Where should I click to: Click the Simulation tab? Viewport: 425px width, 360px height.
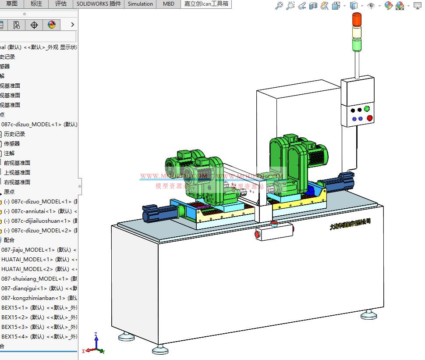[x=140, y=4]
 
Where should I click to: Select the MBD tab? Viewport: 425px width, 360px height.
[x=168, y=4]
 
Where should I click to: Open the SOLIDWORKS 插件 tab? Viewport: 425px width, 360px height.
[x=99, y=4]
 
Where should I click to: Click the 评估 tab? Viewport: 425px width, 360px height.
[x=61, y=4]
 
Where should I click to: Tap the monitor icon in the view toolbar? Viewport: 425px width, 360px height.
[x=417, y=6]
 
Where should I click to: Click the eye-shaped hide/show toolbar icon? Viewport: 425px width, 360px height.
[x=371, y=6]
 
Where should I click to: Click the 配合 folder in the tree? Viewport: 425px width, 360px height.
[x=9, y=240]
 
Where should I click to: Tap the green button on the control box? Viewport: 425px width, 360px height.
[x=367, y=109]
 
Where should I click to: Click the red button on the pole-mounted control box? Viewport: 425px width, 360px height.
[x=369, y=118]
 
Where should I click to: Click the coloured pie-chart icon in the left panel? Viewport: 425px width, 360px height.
[x=52, y=25]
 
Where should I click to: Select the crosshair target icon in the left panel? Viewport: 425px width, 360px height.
[x=34, y=25]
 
